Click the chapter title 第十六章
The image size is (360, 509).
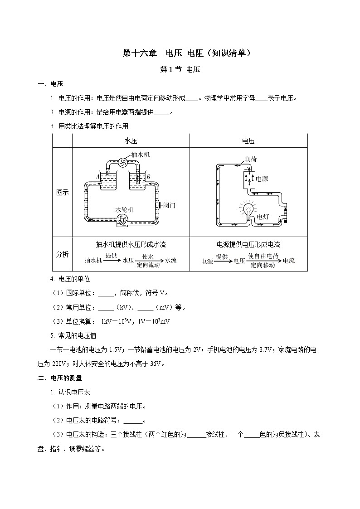click(140, 53)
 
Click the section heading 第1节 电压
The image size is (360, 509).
click(180, 69)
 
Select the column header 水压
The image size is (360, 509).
click(131, 141)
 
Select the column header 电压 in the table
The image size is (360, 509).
click(248, 141)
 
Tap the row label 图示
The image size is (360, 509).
click(62, 192)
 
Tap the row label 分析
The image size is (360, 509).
click(62, 254)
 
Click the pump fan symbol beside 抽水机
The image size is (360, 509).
click(122, 162)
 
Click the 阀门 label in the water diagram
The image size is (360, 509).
click(169, 205)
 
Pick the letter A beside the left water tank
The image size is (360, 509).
click(98, 176)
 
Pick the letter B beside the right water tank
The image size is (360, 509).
click(149, 176)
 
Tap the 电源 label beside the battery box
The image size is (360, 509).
click(262, 179)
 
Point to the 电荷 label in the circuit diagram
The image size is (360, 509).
click(251, 159)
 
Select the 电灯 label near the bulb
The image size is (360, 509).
click(263, 217)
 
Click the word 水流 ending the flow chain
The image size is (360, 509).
click(170, 260)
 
